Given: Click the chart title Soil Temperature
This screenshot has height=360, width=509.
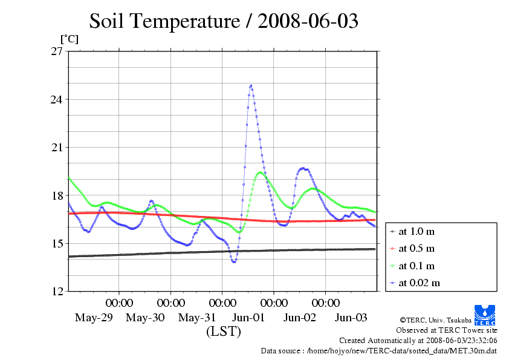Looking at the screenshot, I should (224, 22).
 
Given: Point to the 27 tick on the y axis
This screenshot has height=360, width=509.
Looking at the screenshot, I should (56, 51).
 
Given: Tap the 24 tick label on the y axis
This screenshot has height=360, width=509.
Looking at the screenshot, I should (56, 99).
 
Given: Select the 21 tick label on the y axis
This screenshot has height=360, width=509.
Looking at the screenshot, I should (56, 148).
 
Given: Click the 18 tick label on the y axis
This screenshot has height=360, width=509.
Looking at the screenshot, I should (56, 195).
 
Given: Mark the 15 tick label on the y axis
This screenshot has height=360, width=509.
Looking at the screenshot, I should (56, 244).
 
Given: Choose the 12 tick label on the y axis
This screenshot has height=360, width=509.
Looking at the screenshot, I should (56, 292).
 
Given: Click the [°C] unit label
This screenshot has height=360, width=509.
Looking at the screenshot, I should (68, 39).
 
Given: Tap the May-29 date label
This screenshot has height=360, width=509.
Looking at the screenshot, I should (94, 318).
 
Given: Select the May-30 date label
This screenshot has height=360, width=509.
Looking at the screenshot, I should (145, 318).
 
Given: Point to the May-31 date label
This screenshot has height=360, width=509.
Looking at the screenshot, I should (197, 318).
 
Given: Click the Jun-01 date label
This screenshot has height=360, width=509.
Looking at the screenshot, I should (248, 318).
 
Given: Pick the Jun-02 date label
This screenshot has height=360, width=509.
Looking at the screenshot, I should (300, 318).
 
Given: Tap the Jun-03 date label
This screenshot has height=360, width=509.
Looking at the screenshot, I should (351, 318).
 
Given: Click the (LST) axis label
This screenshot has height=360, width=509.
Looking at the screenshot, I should (224, 332).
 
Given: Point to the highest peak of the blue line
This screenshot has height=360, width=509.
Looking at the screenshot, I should (250, 86).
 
